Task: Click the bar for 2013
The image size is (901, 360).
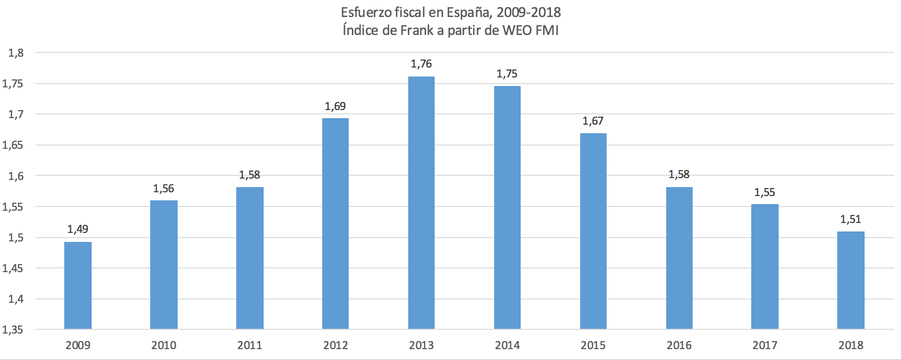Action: (421, 203)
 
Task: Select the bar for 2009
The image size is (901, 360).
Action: (77, 285)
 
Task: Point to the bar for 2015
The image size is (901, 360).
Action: (593, 231)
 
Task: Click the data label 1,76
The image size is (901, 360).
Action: (421, 64)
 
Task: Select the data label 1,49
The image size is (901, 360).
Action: (77, 229)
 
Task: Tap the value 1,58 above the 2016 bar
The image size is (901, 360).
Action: (679, 174)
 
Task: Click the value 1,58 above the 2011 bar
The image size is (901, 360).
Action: (249, 175)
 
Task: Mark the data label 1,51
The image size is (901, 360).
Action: (850, 219)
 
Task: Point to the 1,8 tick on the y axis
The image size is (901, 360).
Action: (16, 53)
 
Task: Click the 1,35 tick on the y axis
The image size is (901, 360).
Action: (13, 330)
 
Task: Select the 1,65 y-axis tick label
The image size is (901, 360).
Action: (13, 145)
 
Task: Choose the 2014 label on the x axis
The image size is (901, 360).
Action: (507, 345)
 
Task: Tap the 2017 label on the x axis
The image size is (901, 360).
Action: (764, 345)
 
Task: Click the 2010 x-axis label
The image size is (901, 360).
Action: (163, 345)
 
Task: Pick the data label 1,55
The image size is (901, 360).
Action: (764, 192)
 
